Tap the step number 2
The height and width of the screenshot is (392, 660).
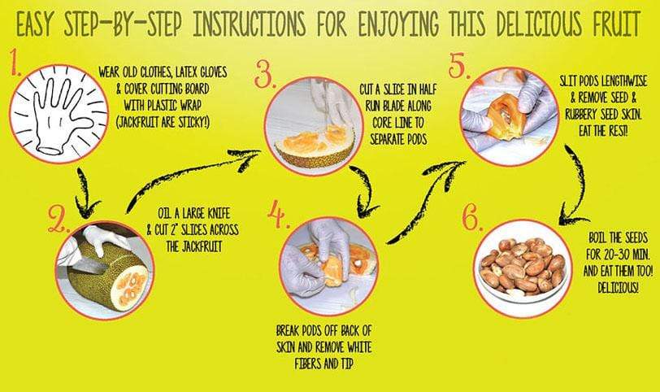59,219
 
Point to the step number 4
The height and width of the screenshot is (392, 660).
278,215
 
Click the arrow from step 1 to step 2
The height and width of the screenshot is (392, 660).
85,193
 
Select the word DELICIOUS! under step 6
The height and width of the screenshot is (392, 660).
618,288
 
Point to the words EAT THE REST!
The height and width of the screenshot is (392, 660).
603,131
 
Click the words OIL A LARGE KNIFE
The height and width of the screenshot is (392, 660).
194,213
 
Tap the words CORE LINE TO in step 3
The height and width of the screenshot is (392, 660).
397,123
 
